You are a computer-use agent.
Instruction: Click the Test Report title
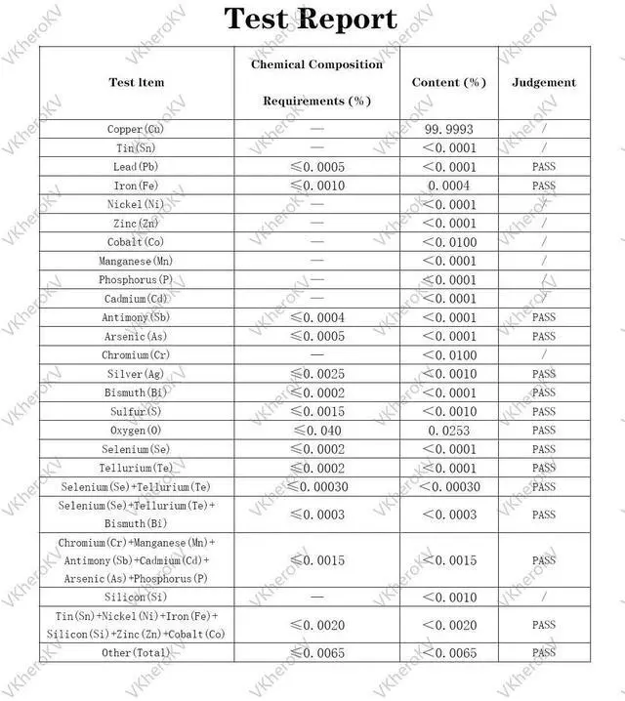(311, 19)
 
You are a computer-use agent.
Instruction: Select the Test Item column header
(136, 83)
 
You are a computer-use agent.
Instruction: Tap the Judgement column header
(544, 83)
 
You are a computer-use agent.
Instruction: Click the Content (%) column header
(449, 83)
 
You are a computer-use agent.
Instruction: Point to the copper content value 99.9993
(449, 130)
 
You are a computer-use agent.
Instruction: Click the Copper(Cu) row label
(137, 130)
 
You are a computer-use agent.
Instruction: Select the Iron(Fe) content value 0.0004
(449, 186)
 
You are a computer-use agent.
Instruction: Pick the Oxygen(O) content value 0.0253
(449, 431)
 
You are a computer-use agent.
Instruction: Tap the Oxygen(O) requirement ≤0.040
(317, 431)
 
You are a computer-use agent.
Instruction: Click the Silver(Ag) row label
(137, 374)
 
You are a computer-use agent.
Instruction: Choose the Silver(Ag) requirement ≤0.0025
(317, 374)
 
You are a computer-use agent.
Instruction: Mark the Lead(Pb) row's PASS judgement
(544, 167)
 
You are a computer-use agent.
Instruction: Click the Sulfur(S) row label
(137, 412)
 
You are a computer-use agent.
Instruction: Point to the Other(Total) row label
(137, 653)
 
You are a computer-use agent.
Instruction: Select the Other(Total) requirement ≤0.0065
(317, 653)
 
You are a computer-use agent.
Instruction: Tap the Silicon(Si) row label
(137, 598)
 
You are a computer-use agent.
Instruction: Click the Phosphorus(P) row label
(137, 280)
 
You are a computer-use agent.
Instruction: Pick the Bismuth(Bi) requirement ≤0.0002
(317, 392)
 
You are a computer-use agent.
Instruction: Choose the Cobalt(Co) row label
(137, 242)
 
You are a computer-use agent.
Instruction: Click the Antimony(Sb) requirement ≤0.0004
(317, 317)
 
